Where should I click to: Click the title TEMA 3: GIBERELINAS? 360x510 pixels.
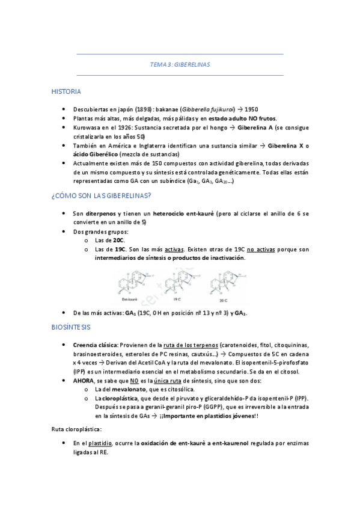pyautogui.click(x=180, y=64)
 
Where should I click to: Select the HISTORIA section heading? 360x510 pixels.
pyautogui.click(x=66, y=91)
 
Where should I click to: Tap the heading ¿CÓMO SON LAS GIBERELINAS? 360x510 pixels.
pyautogui.click(x=101, y=195)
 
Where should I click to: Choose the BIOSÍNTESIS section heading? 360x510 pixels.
pyautogui.click(x=71, y=327)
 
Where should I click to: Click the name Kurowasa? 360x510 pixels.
pyautogui.click(x=87, y=128)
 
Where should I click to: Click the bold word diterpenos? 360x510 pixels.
pyautogui.click(x=102, y=214)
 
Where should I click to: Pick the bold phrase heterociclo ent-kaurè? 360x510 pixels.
pyautogui.click(x=181, y=214)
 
